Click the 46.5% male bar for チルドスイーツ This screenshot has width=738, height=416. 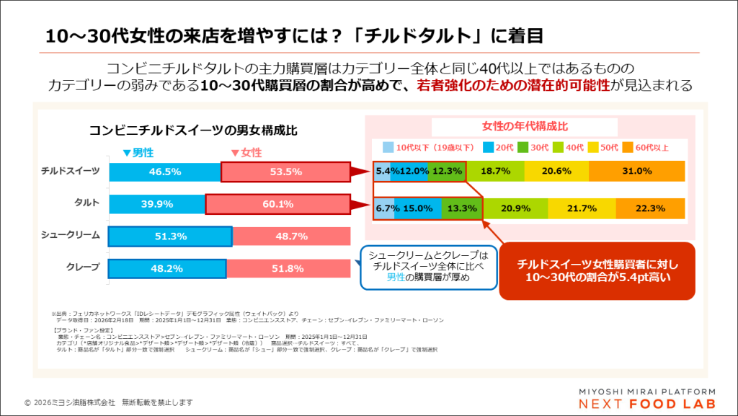[x=164, y=172]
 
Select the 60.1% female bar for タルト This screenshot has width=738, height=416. [x=277, y=204]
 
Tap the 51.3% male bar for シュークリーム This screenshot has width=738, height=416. [x=170, y=236]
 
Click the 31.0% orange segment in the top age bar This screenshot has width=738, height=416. [x=637, y=171]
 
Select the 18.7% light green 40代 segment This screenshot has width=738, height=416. [x=495, y=171]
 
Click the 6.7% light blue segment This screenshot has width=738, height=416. [x=384, y=208]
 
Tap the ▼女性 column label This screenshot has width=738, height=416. [x=246, y=153]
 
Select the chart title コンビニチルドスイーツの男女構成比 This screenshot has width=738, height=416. [x=193, y=130]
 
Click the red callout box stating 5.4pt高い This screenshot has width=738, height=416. [x=597, y=271]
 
